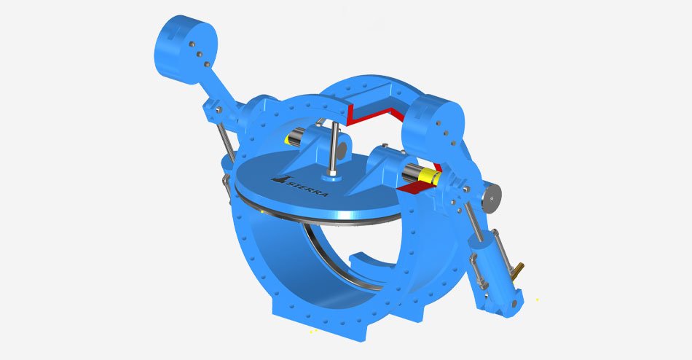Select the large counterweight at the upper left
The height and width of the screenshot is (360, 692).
click(185, 49)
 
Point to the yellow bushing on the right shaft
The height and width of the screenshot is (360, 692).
click(430, 176)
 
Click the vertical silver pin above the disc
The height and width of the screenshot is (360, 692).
click(334, 148)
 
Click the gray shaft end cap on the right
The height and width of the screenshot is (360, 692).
click(492, 198)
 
